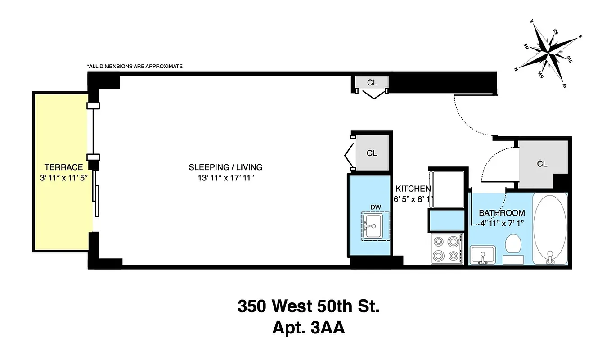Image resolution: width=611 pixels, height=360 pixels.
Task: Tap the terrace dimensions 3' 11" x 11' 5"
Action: click(x=63, y=177)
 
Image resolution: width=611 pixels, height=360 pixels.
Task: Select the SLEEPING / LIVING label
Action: click(x=225, y=167)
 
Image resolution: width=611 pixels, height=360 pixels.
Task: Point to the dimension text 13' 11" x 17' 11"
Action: click(x=225, y=178)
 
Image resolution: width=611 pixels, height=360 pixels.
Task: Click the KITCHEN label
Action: click(x=413, y=189)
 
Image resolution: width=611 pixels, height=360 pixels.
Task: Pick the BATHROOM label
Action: click(x=502, y=213)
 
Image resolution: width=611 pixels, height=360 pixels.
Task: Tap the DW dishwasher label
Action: click(x=376, y=207)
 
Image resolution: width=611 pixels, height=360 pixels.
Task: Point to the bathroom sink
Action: click(x=483, y=254)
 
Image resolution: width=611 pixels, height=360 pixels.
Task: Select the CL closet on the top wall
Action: click(x=372, y=83)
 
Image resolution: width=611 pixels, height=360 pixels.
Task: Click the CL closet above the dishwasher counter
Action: click(x=372, y=153)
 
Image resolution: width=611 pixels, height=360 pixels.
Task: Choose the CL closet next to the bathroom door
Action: click(x=542, y=164)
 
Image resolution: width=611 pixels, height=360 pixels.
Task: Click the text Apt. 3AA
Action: click(x=308, y=328)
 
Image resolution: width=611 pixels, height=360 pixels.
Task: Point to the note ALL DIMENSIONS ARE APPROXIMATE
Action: click(x=135, y=66)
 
